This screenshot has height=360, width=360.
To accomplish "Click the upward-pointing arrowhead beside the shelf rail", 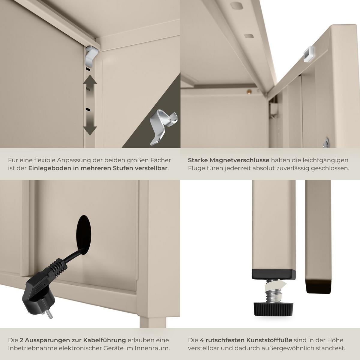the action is (x=90, y=79).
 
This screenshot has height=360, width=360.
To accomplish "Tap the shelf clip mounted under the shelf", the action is (x=91, y=56).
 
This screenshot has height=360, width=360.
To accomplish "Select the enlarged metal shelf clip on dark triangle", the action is (x=163, y=127).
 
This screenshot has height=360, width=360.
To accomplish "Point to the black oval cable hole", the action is (x=84, y=235).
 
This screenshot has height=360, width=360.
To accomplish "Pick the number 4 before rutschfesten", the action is (x=202, y=340).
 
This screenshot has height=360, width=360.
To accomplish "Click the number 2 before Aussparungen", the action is (x=21, y=340).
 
